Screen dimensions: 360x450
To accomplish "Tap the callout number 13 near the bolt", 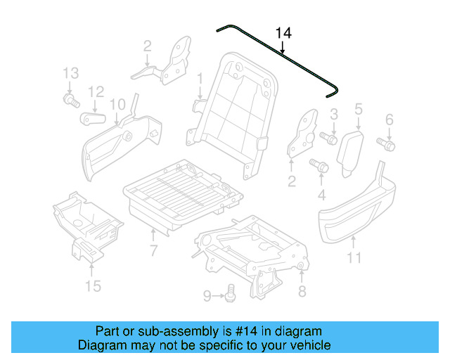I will click(x=70, y=73).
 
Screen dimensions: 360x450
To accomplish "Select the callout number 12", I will click(x=96, y=91).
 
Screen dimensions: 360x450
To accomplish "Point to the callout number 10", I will click(x=117, y=104).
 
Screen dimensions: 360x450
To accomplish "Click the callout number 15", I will click(x=93, y=285).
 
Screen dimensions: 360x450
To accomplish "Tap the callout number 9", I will click(x=207, y=296).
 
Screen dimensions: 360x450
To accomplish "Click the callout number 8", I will click(x=302, y=291).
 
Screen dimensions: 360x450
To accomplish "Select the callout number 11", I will click(x=354, y=258).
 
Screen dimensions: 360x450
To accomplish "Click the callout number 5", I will click(x=358, y=109).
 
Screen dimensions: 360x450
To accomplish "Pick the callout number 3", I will click(x=334, y=113).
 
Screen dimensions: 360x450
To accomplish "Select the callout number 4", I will click(x=322, y=194).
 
